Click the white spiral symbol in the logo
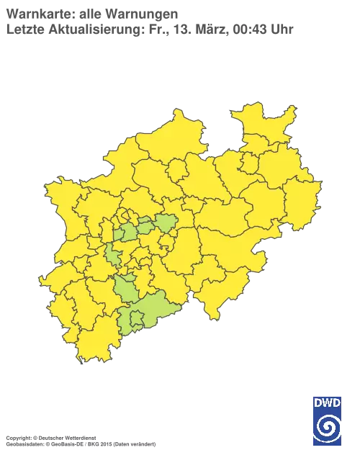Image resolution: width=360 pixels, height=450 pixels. pyautogui.click(x=328, y=426)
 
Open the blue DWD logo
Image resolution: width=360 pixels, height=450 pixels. pyautogui.click(x=328, y=419)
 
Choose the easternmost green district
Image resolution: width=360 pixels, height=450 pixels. pyautogui.click(x=167, y=223)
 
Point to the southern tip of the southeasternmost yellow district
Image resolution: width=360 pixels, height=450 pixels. pyautogui.click(x=213, y=318)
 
